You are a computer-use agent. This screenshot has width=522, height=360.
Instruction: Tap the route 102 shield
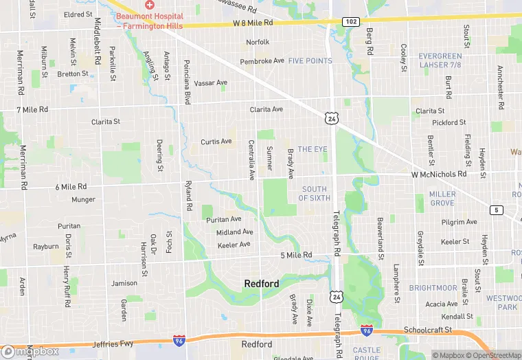point(350,21)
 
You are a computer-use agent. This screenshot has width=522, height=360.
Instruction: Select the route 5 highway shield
point(495,210)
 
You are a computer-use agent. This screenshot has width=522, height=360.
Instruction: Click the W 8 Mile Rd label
point(253,23)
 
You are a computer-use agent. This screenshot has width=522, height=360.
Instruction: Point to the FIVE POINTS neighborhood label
point(310,61)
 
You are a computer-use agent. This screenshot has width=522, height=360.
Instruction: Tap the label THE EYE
point(313,149)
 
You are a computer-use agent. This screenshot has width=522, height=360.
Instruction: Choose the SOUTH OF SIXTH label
point(315,194)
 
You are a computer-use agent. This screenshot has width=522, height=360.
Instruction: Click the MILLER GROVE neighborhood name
point(442,199)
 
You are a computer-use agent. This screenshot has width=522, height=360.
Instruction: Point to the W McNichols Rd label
point(439,175)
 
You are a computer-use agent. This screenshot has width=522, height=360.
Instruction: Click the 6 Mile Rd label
point(71,187)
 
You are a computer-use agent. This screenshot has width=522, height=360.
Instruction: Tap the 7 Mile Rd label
point(33,110)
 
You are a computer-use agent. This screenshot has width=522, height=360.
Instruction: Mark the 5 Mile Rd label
point(296,256)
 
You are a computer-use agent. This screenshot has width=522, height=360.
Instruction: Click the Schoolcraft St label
point(428,330)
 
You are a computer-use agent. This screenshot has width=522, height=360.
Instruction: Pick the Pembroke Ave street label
point(262,61)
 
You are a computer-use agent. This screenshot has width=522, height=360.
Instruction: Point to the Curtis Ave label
point(216,142)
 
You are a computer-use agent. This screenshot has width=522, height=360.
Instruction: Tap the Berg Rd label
point(370,42)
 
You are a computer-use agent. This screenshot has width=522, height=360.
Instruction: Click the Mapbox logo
point(30,351)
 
